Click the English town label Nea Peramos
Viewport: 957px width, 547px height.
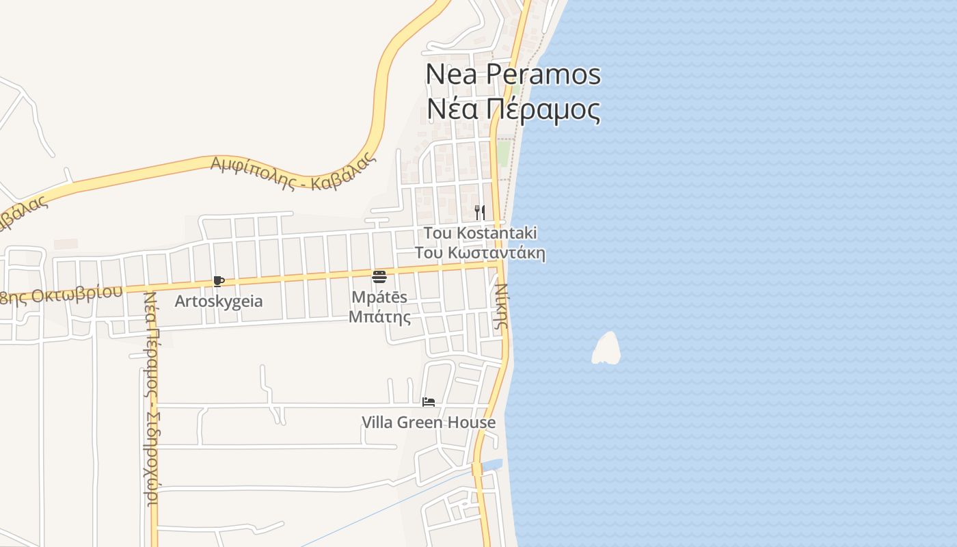tap(513, 74)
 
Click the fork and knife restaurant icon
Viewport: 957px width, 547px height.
tap(480, 212)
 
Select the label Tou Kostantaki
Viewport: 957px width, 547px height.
tap(480, 233)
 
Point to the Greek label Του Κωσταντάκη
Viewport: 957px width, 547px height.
tap(480, 253)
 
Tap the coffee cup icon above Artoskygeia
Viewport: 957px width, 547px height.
tap(219, 281)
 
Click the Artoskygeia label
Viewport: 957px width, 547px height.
tap(219, 301)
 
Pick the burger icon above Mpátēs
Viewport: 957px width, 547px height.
tap(379, 277)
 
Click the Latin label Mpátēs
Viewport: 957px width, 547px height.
tap(379, 297)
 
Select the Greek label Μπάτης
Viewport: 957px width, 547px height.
tap(379, 317)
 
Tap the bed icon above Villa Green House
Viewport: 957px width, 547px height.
tap(429, 402)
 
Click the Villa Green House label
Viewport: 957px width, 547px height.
tap(429, 423)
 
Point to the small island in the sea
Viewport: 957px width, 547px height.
tap(606, 349)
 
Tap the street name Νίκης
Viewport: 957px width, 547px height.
tap(502, 306)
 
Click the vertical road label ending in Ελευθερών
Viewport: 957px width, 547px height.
tap(152, 400)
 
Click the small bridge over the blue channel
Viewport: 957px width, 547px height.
tap(477, 468)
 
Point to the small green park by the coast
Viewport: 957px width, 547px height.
tap(504, 153)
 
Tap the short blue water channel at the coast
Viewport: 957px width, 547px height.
tap(492, 466)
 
